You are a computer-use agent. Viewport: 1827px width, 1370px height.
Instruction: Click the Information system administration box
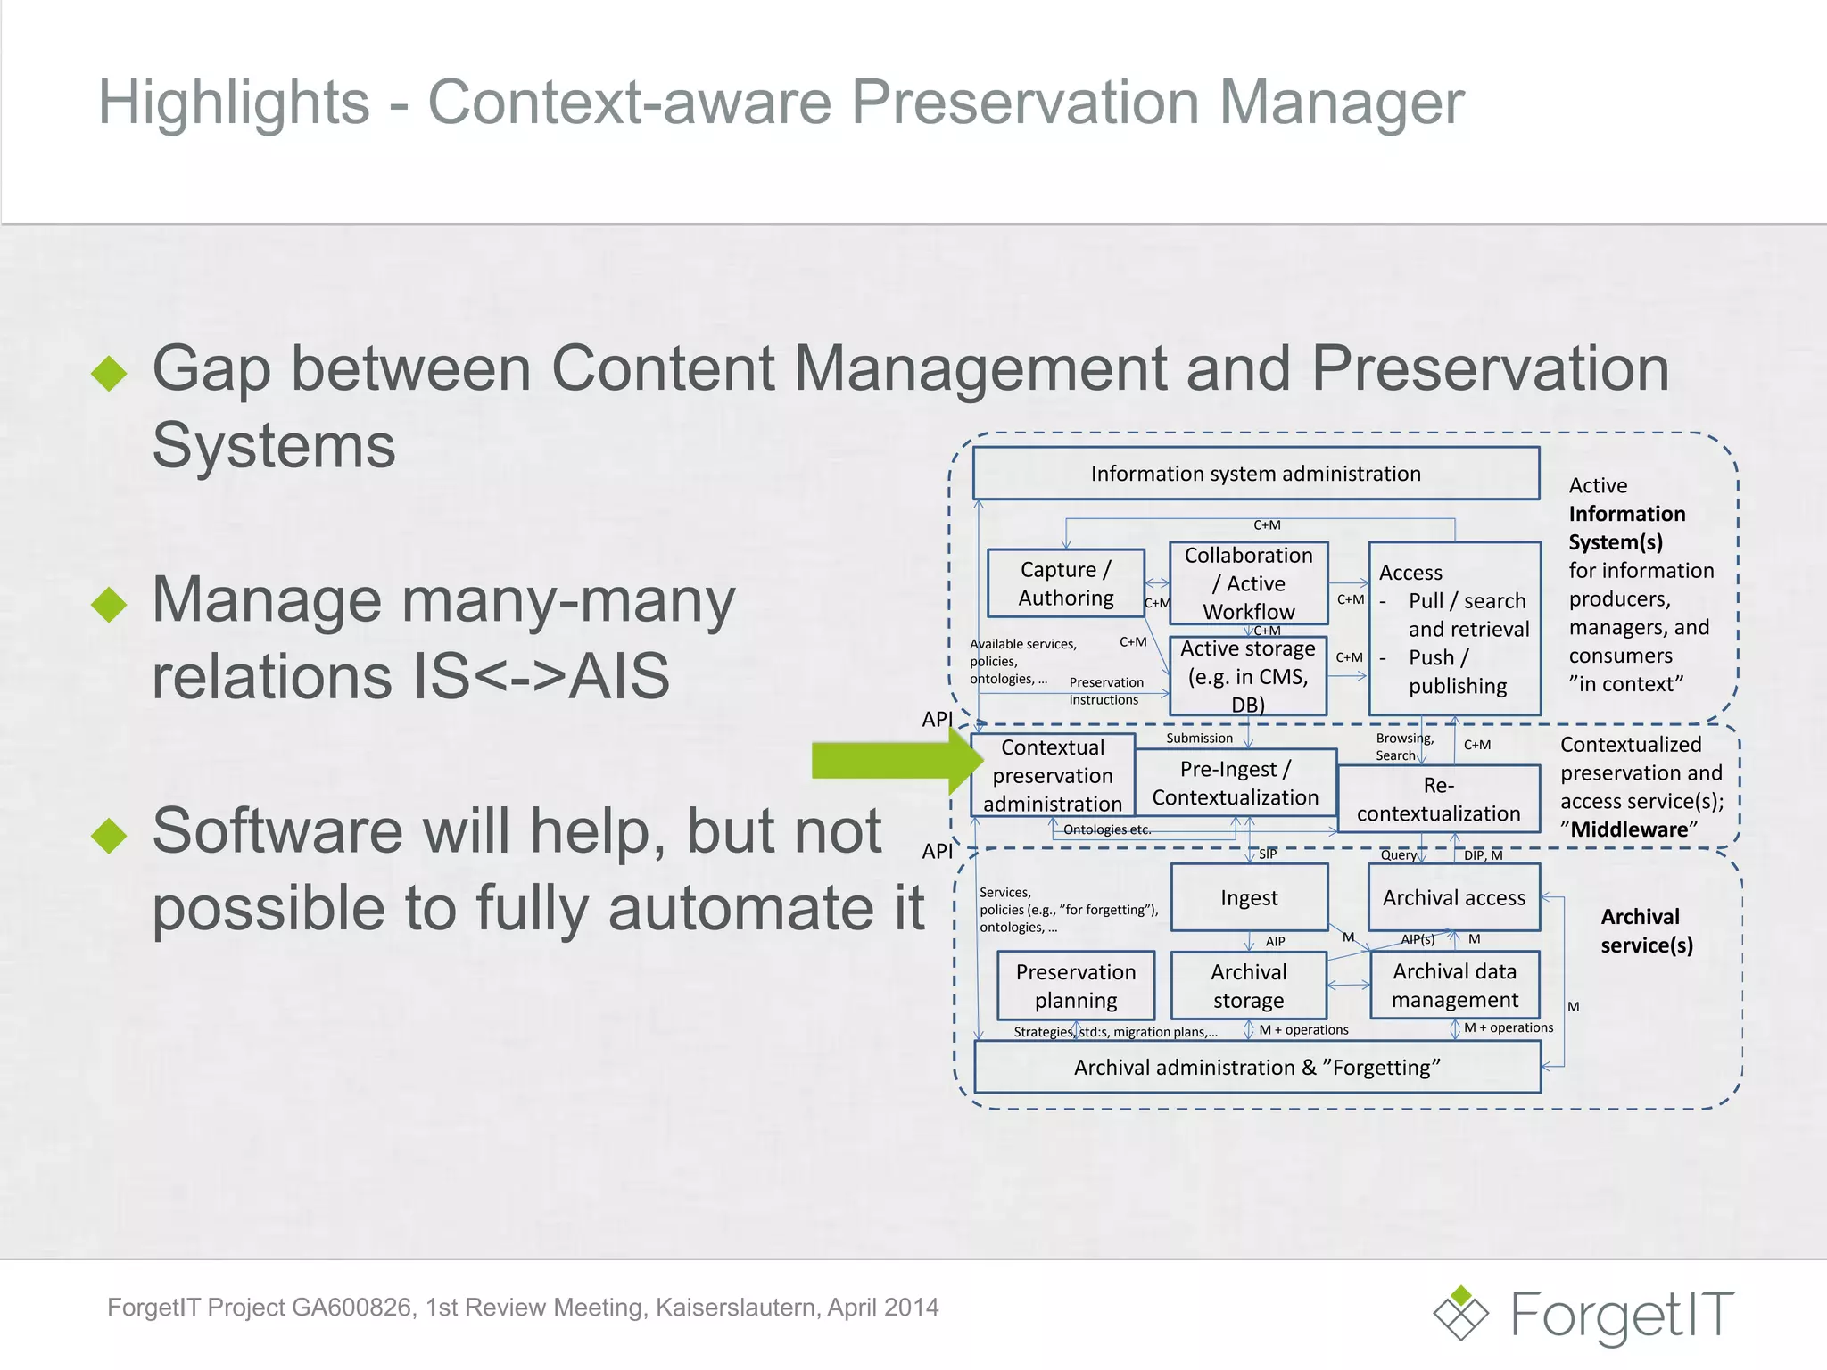(x=1255, y=474)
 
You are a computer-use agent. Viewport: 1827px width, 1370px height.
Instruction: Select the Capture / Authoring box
(x=1066, y=583)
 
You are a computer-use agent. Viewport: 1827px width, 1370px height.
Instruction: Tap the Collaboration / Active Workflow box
(x=1248, y=583)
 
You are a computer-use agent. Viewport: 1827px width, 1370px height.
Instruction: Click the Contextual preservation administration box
(x=1053, y=775)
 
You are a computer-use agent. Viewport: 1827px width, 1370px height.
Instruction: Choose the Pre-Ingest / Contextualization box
(x=1235, y=782)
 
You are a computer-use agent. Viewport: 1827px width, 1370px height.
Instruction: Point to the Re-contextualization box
(x=1438, y=799)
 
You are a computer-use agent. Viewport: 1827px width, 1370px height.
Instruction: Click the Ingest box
(x=1249, y=897)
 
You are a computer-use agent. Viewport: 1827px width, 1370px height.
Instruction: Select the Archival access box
(x=1454, y=897)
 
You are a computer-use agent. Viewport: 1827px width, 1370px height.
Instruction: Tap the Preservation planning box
(x=1076, y=986)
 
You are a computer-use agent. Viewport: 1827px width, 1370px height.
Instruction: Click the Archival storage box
(x=1248, y=986)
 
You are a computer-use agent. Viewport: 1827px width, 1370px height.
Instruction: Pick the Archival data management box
(x=1454, y=986)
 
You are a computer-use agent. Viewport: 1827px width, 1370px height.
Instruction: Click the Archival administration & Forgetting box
(x=1257, y=1068)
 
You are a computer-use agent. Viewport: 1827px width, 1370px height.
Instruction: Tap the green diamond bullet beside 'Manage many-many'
(x=110, y=604)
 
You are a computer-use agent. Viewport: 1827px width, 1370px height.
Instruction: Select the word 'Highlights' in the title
(x=234, y=102)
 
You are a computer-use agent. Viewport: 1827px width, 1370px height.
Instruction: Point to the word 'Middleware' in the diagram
(x=1629, y=829)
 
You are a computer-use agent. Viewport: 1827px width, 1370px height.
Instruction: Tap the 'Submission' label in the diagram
(x=1199, y=739)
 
